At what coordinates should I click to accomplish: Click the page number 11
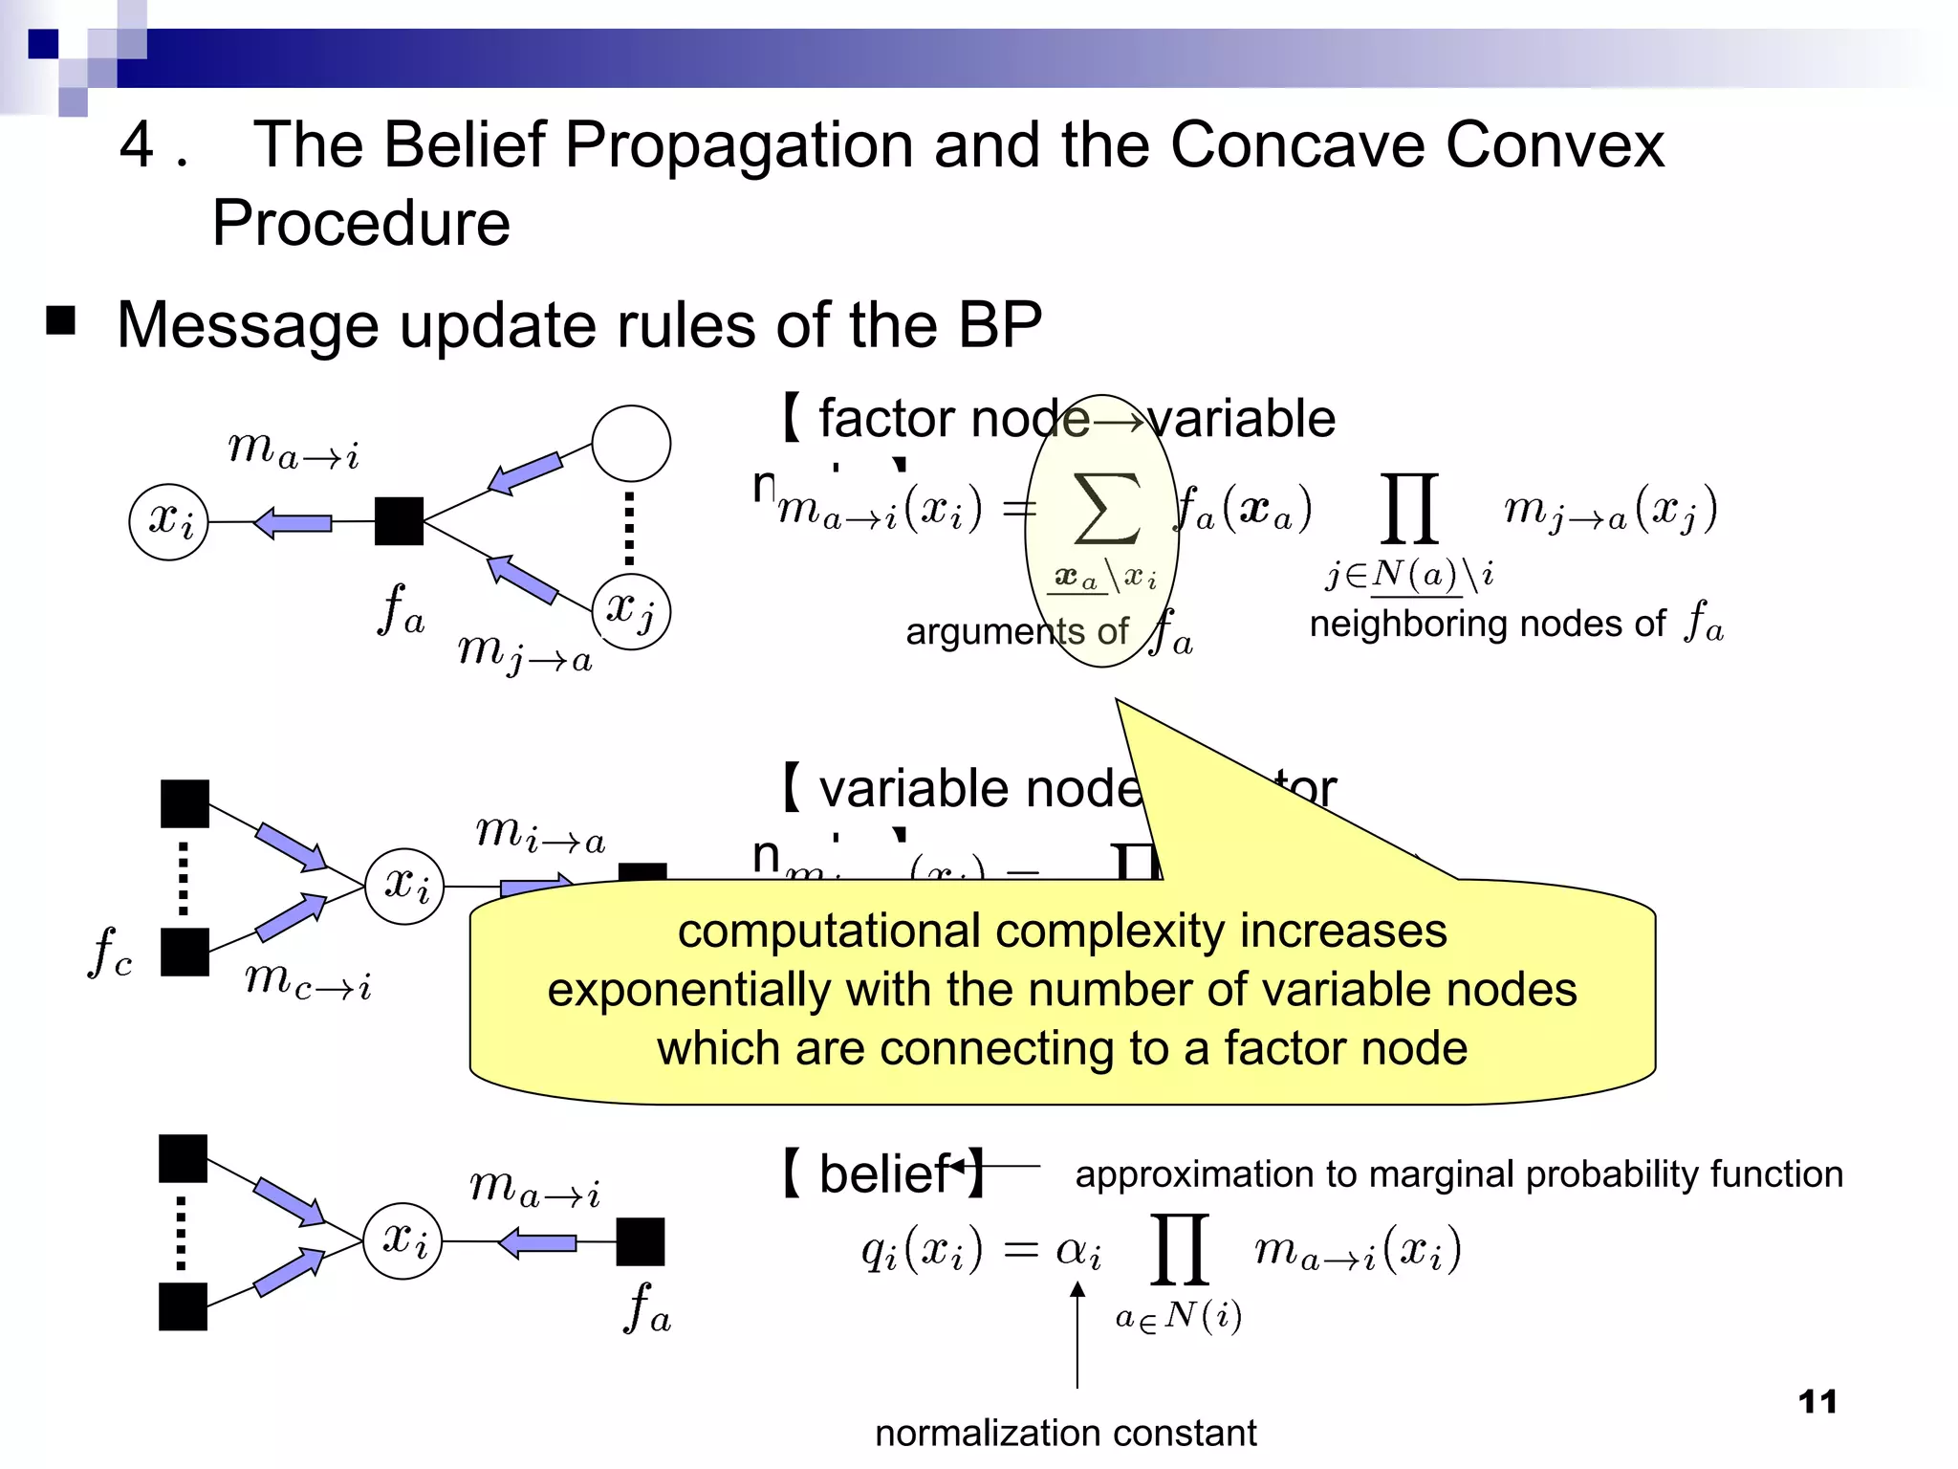click(x=1817, y=1402)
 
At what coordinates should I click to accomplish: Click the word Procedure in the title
click(x=361, y=224)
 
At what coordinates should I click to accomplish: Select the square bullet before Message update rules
click(x=61, y=321)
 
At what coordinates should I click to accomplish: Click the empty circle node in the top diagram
click(x=631, y=444)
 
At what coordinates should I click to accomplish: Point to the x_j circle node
click(x=631, y=610)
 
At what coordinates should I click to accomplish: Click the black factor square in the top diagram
click(x=399, y=521)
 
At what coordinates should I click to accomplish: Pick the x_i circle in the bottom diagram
click(x=402, y=1240)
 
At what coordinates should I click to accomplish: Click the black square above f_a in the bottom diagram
click(x=640, y=1241)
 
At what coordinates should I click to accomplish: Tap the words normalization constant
click(x=1065, y=1433)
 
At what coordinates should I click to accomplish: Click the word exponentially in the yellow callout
click(x=688, y=990)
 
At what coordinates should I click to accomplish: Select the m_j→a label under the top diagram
click(x=525, y=652)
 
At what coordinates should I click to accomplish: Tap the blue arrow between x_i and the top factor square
click(x=293, y=522)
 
